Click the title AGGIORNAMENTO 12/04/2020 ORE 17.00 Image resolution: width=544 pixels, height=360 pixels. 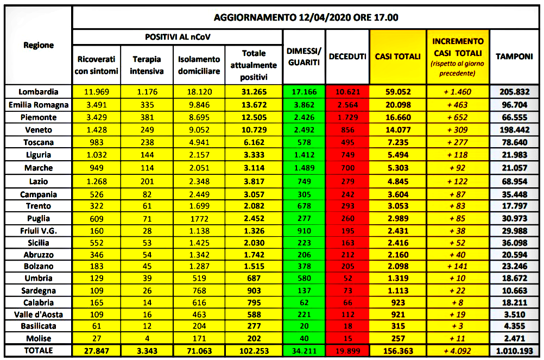(x=306, y=17)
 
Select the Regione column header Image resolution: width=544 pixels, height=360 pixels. (x=39, y=46)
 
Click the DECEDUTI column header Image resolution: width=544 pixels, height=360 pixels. (x=347, y=56)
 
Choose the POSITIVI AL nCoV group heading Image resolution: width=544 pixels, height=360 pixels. (x=178, y=37)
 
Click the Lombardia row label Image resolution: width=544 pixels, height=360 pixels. (x=38, y=92)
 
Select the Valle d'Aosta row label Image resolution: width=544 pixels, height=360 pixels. (x=38, y=314)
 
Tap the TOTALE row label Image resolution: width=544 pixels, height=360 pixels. (x=38, y=351)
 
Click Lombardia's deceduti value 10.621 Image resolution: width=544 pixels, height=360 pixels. (x=347, y=92)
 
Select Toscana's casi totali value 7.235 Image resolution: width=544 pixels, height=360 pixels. (x=398, y=143)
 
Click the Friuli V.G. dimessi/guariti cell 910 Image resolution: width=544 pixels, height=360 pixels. (x=304, y=231)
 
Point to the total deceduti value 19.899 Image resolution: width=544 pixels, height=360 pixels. (x=347, y=351)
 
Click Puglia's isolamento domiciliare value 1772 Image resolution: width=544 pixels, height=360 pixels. (x=199, y=219)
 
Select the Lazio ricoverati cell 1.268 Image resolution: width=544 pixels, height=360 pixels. (x=97, y=181)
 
